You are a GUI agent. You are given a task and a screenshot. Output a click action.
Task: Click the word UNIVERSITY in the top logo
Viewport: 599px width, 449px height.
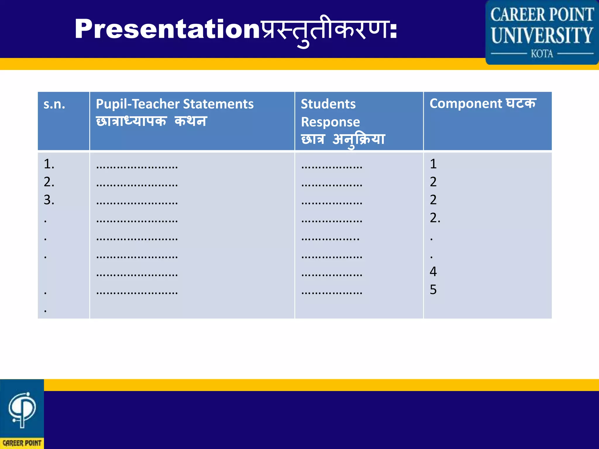coord(542,35)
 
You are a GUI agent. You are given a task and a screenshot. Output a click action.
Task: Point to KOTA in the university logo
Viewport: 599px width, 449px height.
coord(542,54)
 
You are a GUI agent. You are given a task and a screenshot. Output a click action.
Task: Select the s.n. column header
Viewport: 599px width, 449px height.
coord(54,104)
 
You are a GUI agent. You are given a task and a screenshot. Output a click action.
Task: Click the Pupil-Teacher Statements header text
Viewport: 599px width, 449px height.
coord(175,104)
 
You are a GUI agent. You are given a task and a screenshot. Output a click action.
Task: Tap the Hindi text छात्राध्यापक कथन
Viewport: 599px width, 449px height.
coord(151,121)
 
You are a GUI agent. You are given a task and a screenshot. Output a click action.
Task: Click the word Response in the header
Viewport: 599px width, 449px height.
coord(330,122)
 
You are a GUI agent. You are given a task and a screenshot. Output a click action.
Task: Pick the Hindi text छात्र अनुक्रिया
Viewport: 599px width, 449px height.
coord(343,139)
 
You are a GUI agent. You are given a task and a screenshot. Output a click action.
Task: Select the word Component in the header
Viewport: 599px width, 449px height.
coord(466,103)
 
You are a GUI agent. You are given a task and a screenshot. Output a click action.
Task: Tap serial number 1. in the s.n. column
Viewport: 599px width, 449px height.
coord(49,164)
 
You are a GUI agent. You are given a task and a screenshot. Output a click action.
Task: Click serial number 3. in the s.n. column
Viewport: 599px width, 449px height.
coord(49,200)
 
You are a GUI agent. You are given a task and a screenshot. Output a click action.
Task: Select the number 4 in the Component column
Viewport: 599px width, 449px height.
coord(433,272)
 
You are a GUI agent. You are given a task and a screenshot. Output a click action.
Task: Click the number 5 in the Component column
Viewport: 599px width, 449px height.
coord(433,290)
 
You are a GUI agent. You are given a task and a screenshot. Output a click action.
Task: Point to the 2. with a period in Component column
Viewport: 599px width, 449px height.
coord(435,218)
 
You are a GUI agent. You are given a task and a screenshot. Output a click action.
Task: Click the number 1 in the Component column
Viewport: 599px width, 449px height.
coord(433,164)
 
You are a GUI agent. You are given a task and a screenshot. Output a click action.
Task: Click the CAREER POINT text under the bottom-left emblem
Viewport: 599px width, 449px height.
coord(22,443)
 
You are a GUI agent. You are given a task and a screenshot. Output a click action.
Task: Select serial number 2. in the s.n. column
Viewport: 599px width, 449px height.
coord(49,182)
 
